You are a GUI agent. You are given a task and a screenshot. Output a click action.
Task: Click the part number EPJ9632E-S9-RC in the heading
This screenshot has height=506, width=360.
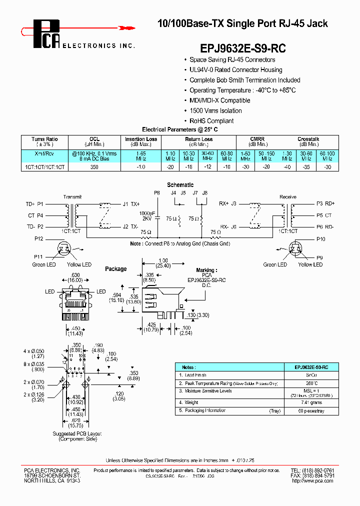[243, 48]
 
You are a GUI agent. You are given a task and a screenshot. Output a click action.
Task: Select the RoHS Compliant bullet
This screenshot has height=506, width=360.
[211, 121]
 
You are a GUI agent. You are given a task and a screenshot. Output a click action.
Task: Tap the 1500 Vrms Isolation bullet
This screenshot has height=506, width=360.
[215, 110]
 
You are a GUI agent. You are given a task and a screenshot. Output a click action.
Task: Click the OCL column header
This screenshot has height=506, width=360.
[94, 139]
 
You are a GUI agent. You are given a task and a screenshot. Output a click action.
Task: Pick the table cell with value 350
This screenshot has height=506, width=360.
[94, 167]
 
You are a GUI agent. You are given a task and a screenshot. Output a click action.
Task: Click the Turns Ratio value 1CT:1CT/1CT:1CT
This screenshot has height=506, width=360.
[44, 167]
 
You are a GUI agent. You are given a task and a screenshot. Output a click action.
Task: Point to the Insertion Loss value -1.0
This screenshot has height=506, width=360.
[141, 167]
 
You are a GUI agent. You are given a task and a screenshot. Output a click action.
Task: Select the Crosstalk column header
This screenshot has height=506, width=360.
[308, 139]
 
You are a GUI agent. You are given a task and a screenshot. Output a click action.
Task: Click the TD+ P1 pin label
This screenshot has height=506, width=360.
[34, 204]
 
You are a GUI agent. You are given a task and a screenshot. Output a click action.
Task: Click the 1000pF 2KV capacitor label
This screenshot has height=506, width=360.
[147, 215]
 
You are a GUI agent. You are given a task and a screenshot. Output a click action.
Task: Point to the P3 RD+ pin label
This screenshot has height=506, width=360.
[325, 204]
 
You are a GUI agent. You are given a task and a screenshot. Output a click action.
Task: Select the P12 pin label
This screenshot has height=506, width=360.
[39, 239]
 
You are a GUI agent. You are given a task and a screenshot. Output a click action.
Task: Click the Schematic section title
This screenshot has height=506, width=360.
[180, 185]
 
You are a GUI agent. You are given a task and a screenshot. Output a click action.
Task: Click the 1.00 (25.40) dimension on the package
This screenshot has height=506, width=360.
[163, 262]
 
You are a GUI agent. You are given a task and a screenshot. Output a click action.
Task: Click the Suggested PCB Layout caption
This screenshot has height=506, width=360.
[77, 436]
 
